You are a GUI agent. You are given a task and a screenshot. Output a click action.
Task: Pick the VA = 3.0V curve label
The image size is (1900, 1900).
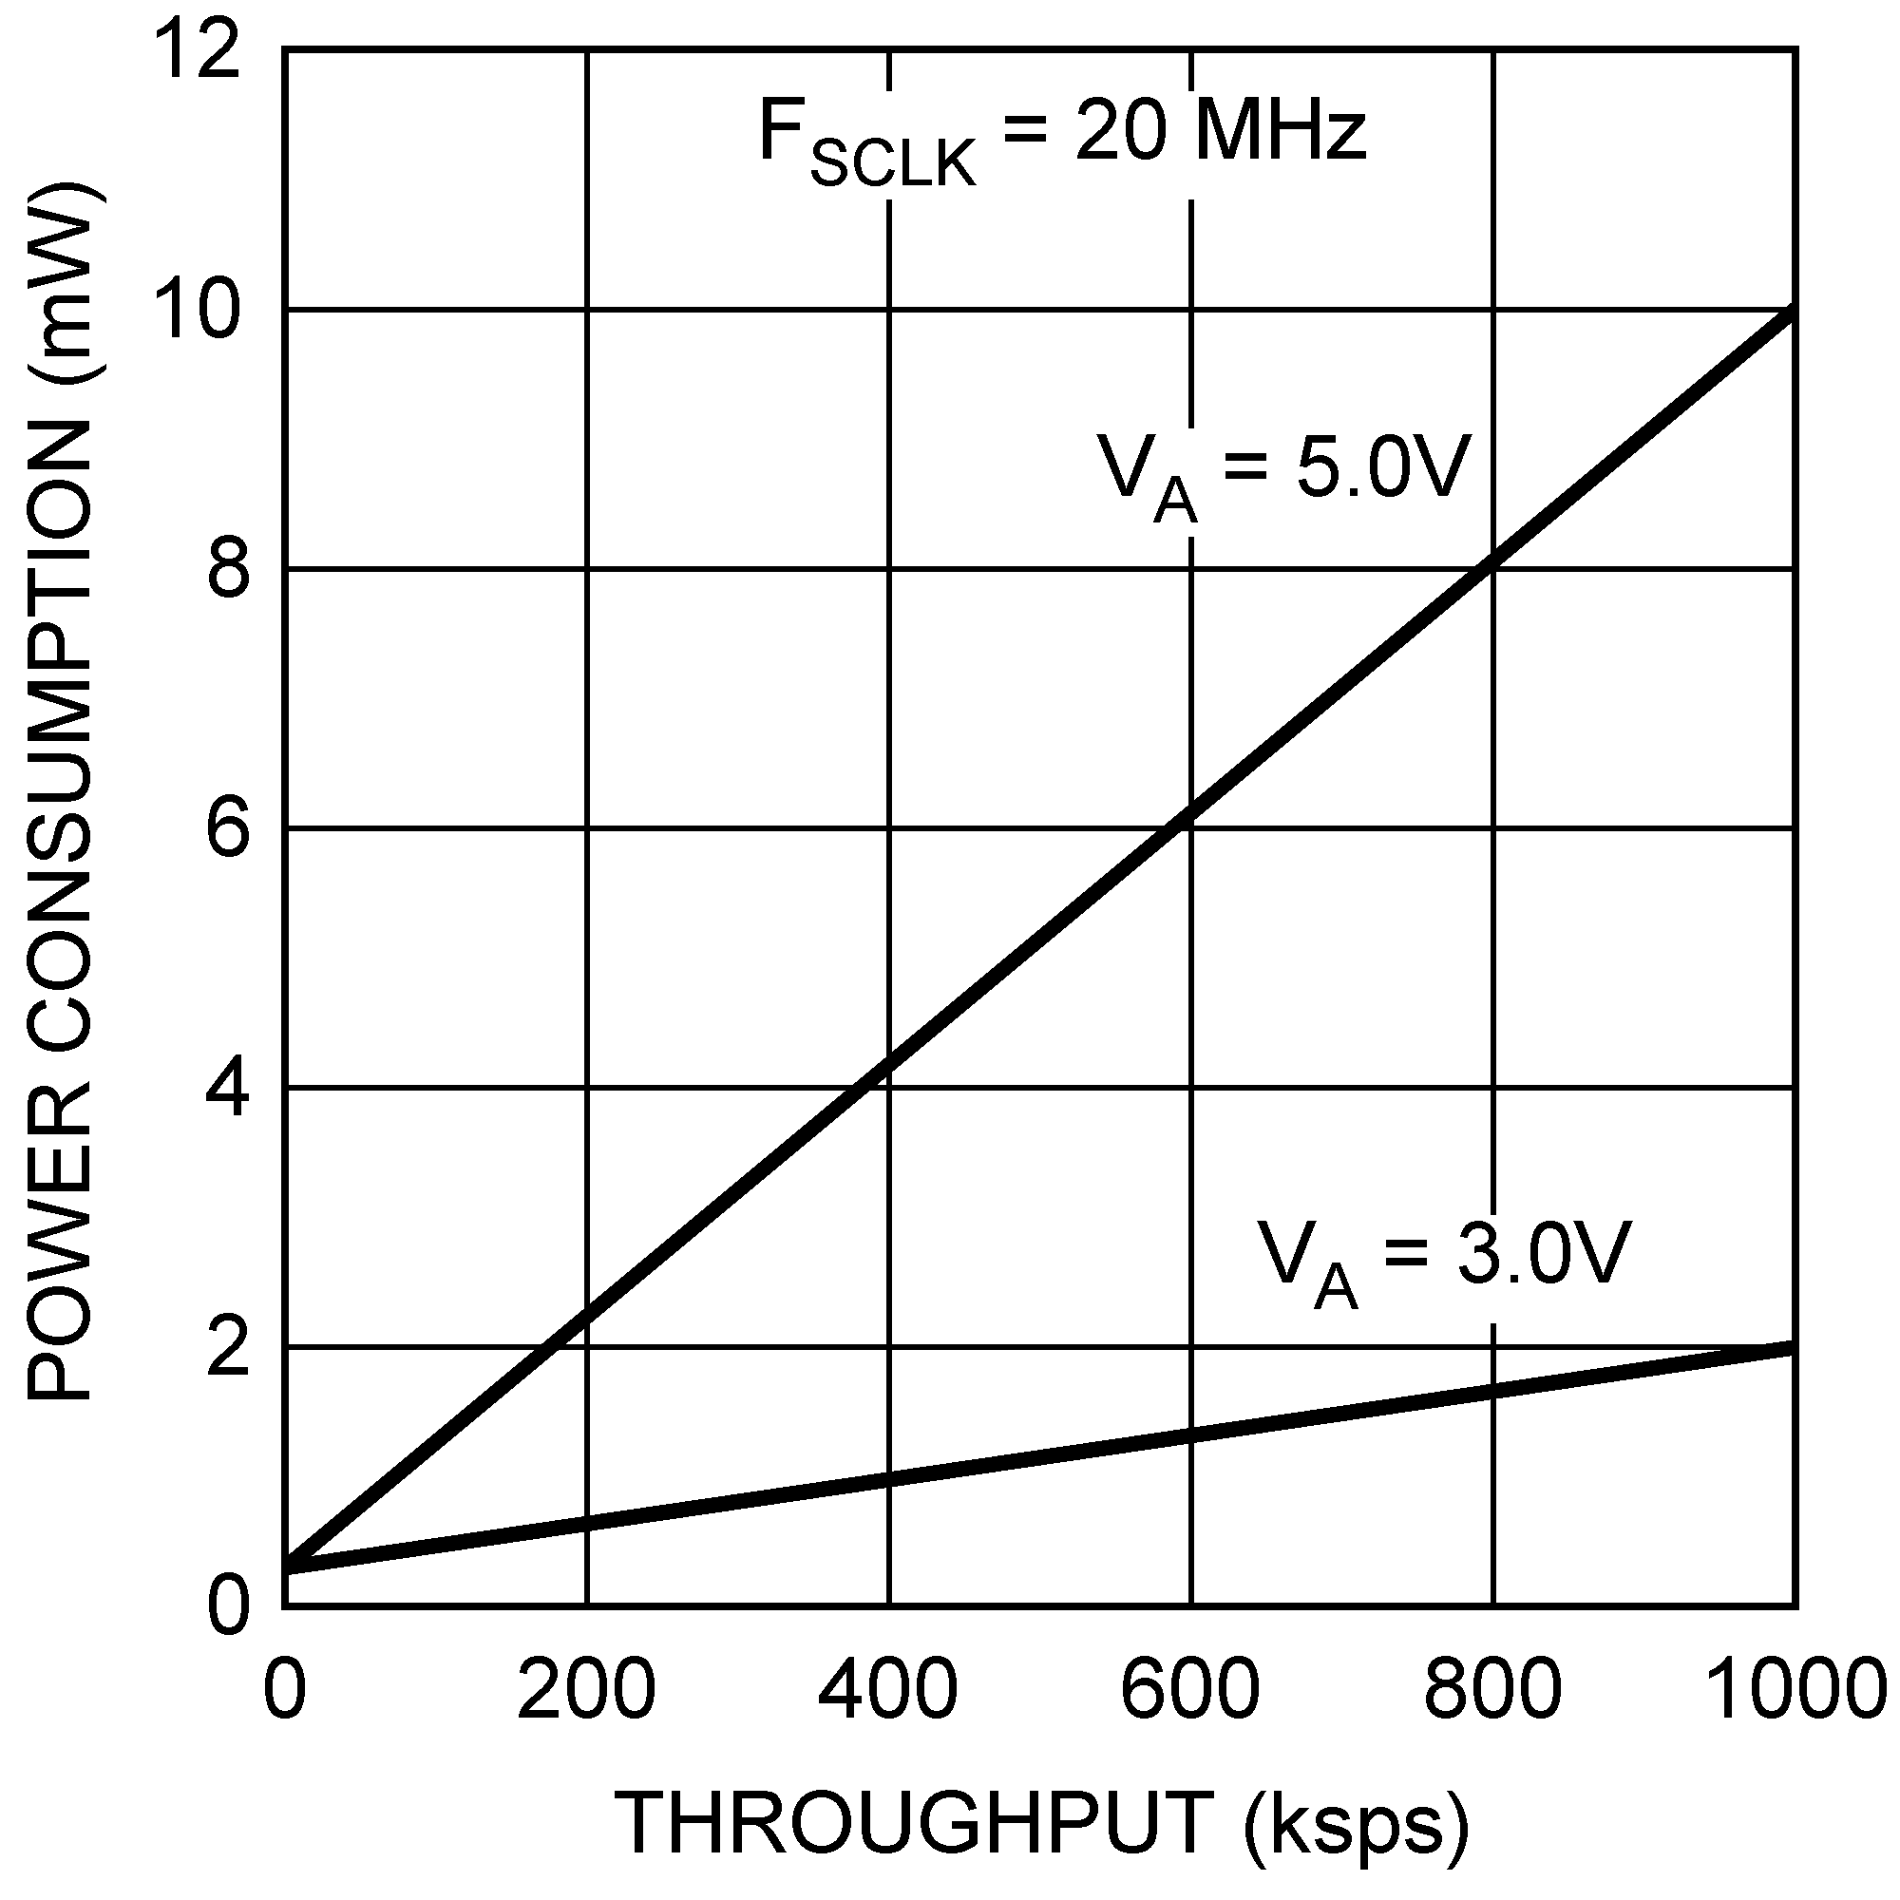pyautogui.click(x=1446, y=1261)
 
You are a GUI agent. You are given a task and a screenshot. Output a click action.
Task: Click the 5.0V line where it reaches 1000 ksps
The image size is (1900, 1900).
pyautogui.click(x=1792, y=313)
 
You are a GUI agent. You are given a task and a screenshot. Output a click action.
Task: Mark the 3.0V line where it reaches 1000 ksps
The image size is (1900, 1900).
pyautogui.click(x=1792, y=1348)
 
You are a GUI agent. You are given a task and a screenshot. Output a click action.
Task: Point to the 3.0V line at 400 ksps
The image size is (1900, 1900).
pyautogui.click(x=888, y=1480)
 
